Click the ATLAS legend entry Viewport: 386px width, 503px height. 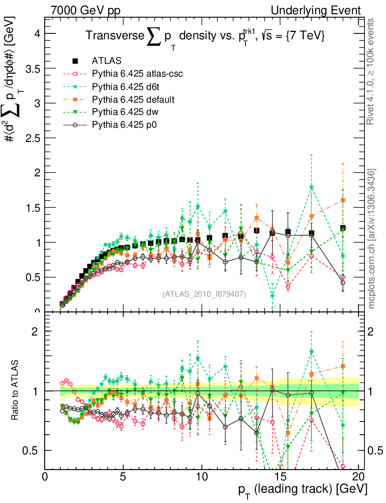coord(103,61)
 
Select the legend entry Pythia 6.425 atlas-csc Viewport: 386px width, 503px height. coord(131,74)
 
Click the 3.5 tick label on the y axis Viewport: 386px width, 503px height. coord(32,68)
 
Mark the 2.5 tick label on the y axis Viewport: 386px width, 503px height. coord(32,138)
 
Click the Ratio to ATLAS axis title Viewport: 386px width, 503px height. coord(15,390)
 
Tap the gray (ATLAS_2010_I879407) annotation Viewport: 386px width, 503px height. coord(204,294)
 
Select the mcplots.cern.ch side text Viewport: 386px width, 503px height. coord(372,238)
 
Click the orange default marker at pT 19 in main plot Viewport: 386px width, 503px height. coord(343,200)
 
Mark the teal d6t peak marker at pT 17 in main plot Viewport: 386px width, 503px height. coord(311,187)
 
